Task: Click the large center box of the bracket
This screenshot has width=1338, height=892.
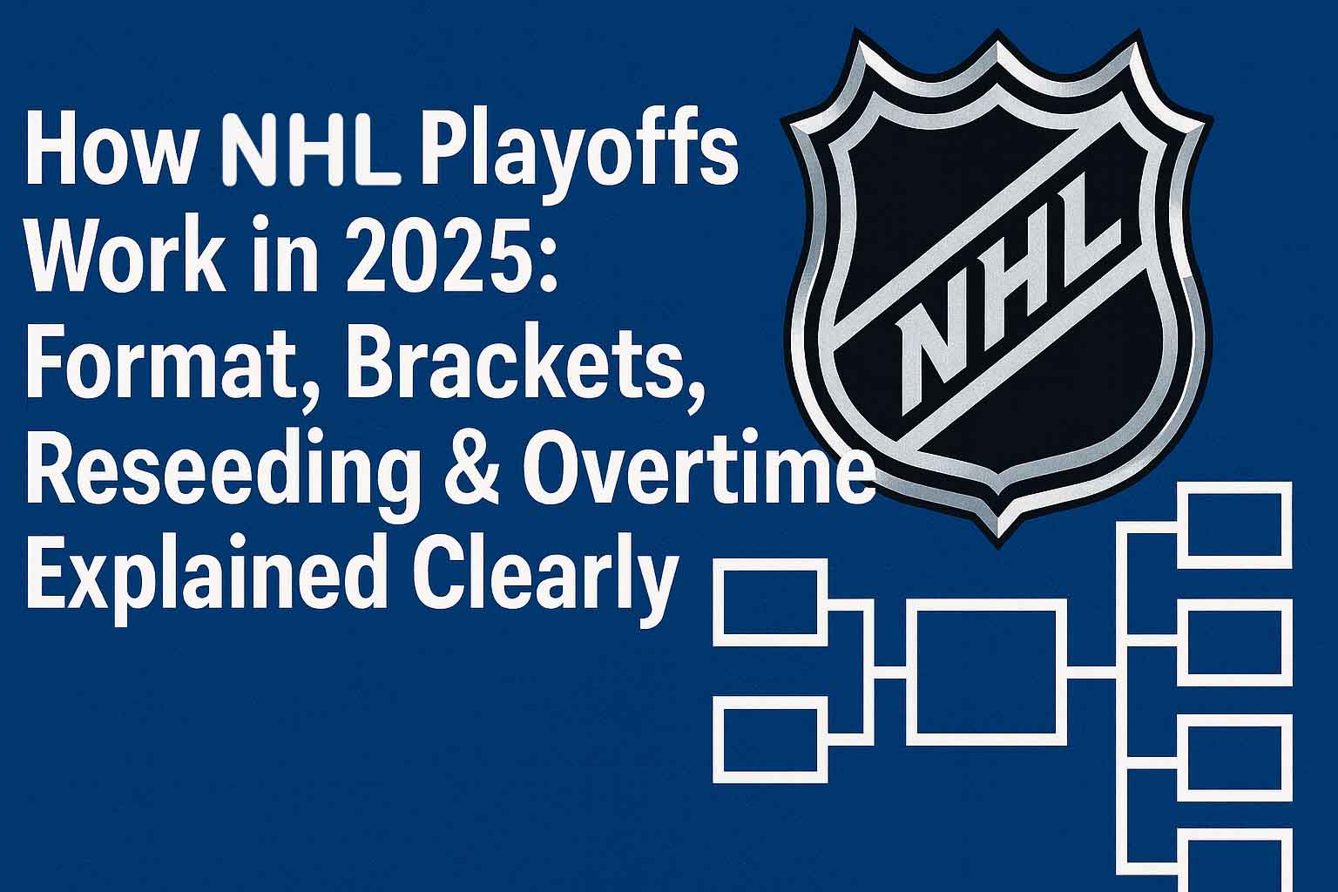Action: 986,672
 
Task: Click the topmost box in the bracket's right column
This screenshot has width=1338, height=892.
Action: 1234,524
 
